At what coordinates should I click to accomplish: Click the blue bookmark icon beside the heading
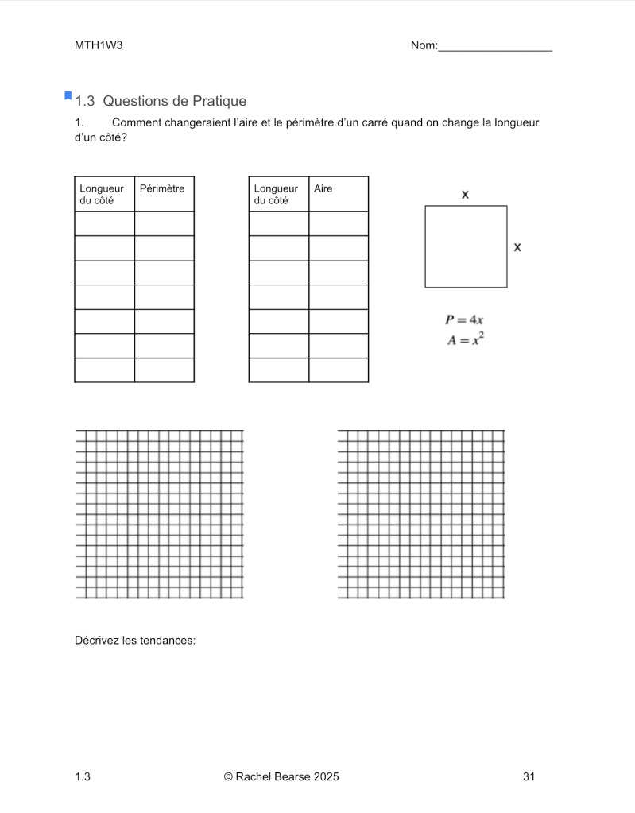pyautogui.click(x=68, y=96)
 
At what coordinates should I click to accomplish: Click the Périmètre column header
pyautogui.click(x=162, y=189)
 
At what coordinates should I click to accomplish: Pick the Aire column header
pyautogui.click(x=323, y=189)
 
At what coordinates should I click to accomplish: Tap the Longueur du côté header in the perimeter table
pyautogui.click(x=102, y=195)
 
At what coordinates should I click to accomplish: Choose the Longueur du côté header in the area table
pyautogui.click(x=276, y=195)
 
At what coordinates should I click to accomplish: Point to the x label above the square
pyautogui.click(x=465, y=194)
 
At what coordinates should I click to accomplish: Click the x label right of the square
pyautogui.click(x=517, y=247)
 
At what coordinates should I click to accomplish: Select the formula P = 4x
pyautogui.click(x=465, y=319)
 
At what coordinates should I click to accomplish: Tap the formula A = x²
pyautogui.click(x=465, y=340)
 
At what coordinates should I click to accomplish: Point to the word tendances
pyautogui.click(x=168, y=640)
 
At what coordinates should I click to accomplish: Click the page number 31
pyautogui.click(x=529, y=776)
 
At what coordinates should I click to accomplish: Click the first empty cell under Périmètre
pyautogui.click(x=164, y=224)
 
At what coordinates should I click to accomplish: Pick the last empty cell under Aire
pyautogui.click(x=339, y=370)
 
